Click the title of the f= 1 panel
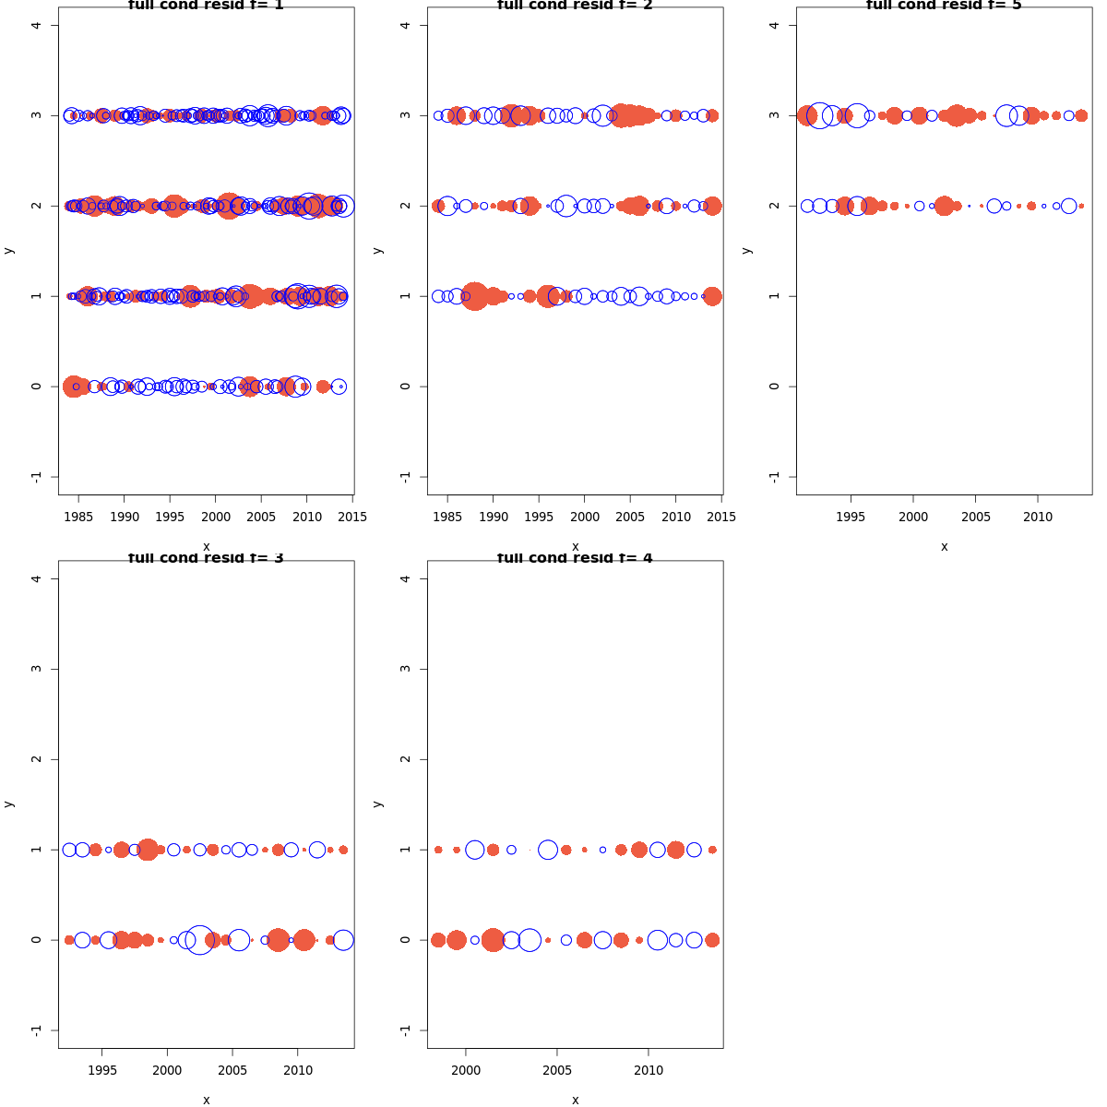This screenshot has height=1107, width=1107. (x=206, y=6)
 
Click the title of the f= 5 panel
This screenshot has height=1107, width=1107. (x=944, y=6)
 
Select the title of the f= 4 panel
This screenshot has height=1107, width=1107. (x=575, y=558)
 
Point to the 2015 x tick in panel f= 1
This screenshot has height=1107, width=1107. (x=352, y=517)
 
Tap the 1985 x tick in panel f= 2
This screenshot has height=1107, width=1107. (x=447, y=517)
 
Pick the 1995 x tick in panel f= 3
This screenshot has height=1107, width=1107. (x=101, y=1070)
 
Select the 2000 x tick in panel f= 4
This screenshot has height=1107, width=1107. (x=466, y=1070)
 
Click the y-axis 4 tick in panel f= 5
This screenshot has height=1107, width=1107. (x=774, y=25)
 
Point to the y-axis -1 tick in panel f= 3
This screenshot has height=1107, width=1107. (x=36, y=1030)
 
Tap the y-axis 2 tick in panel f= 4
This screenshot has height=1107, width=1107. (x=405, y=759)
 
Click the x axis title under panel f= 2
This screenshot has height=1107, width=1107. (x=575, y=546)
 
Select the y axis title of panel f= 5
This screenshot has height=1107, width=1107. (x=746, y=250)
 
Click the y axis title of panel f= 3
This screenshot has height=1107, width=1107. (x=8, y=803)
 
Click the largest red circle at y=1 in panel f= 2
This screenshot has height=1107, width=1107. (x=475, y=296)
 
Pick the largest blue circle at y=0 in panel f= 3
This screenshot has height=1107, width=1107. (x=199, y=940)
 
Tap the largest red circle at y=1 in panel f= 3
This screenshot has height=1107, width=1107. (x=148, y=850)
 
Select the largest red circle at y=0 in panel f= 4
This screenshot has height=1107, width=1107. (x=493, y=940)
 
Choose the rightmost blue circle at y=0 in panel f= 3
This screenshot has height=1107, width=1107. (x=343, y=940)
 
